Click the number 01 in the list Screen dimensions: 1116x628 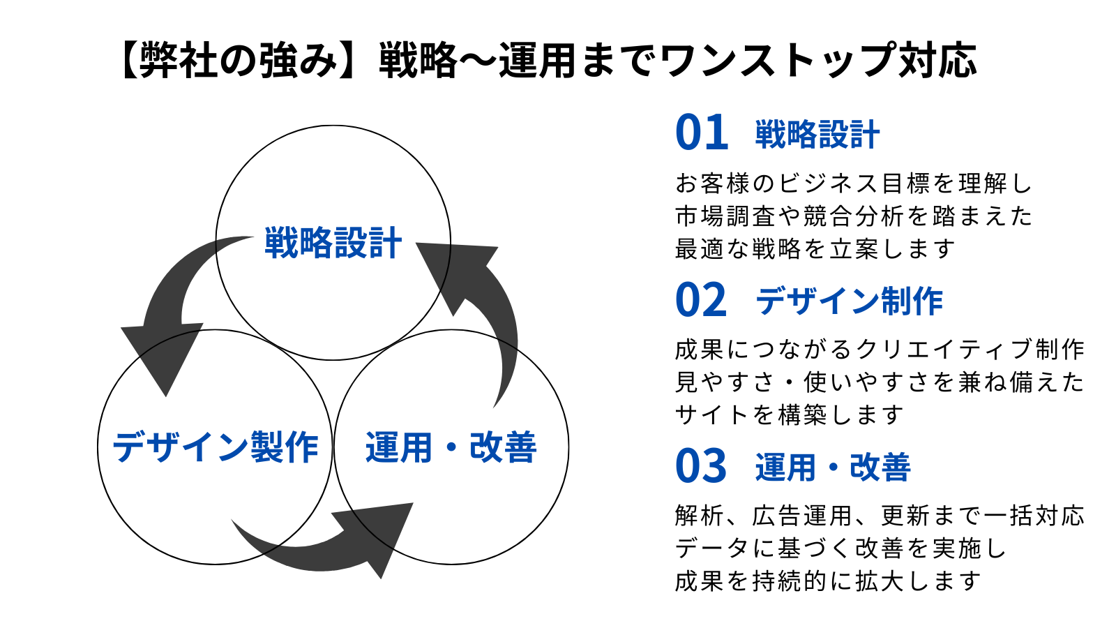pos(702,133)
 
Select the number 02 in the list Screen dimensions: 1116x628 pos(701,299)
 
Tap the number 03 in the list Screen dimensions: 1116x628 pos(701,466)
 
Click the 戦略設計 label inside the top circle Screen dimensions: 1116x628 pos(333,243)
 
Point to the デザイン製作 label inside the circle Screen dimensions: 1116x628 pos(216,447)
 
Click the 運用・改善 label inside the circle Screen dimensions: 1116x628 pos(451,447)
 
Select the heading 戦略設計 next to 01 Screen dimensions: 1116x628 pos(817,135)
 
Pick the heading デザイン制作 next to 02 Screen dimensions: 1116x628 pos(849,301)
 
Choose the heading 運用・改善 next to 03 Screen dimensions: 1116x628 pos(833,468)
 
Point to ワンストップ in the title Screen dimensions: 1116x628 pos(778,61)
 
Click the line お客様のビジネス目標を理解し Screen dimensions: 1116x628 pos(854,184)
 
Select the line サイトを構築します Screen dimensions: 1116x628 pos(789,414)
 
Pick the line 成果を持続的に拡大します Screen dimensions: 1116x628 pos(828,581)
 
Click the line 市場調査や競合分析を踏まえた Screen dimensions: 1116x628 pos(854,216)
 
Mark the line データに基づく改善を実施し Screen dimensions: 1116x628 pos(841,548)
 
